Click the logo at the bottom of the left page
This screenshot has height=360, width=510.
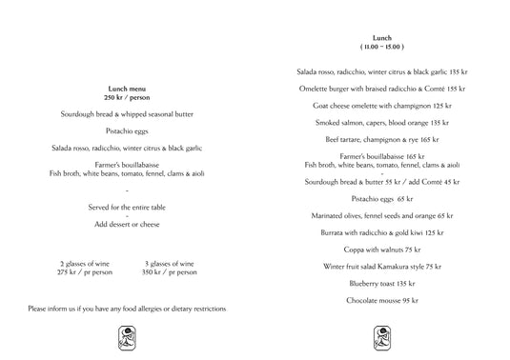click(127, 336)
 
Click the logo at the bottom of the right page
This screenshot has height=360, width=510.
click(382, 336)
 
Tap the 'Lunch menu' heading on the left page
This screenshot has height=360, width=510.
click(127, 89)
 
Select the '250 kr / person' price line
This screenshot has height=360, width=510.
click(127, 97)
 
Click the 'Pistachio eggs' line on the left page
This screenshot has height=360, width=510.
click(127, 130)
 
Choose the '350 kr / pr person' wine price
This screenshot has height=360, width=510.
click(170, 272)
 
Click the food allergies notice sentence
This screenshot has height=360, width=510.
click(128, 309)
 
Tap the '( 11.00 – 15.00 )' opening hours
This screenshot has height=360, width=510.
click(382, 46)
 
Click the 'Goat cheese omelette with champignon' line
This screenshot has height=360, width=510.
click(382, 105)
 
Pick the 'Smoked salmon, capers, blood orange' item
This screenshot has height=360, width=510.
click(382, 122)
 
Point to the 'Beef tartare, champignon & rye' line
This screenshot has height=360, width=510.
click(382, 139)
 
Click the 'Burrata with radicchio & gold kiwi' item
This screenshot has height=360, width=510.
click(382, 232)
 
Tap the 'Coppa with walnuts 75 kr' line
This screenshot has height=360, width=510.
click(382, 250)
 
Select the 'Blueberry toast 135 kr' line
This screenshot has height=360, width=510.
click(382, 284)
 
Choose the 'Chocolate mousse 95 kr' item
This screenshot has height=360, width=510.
click(382, 301)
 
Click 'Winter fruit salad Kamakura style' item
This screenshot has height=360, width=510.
click(382, 267)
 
